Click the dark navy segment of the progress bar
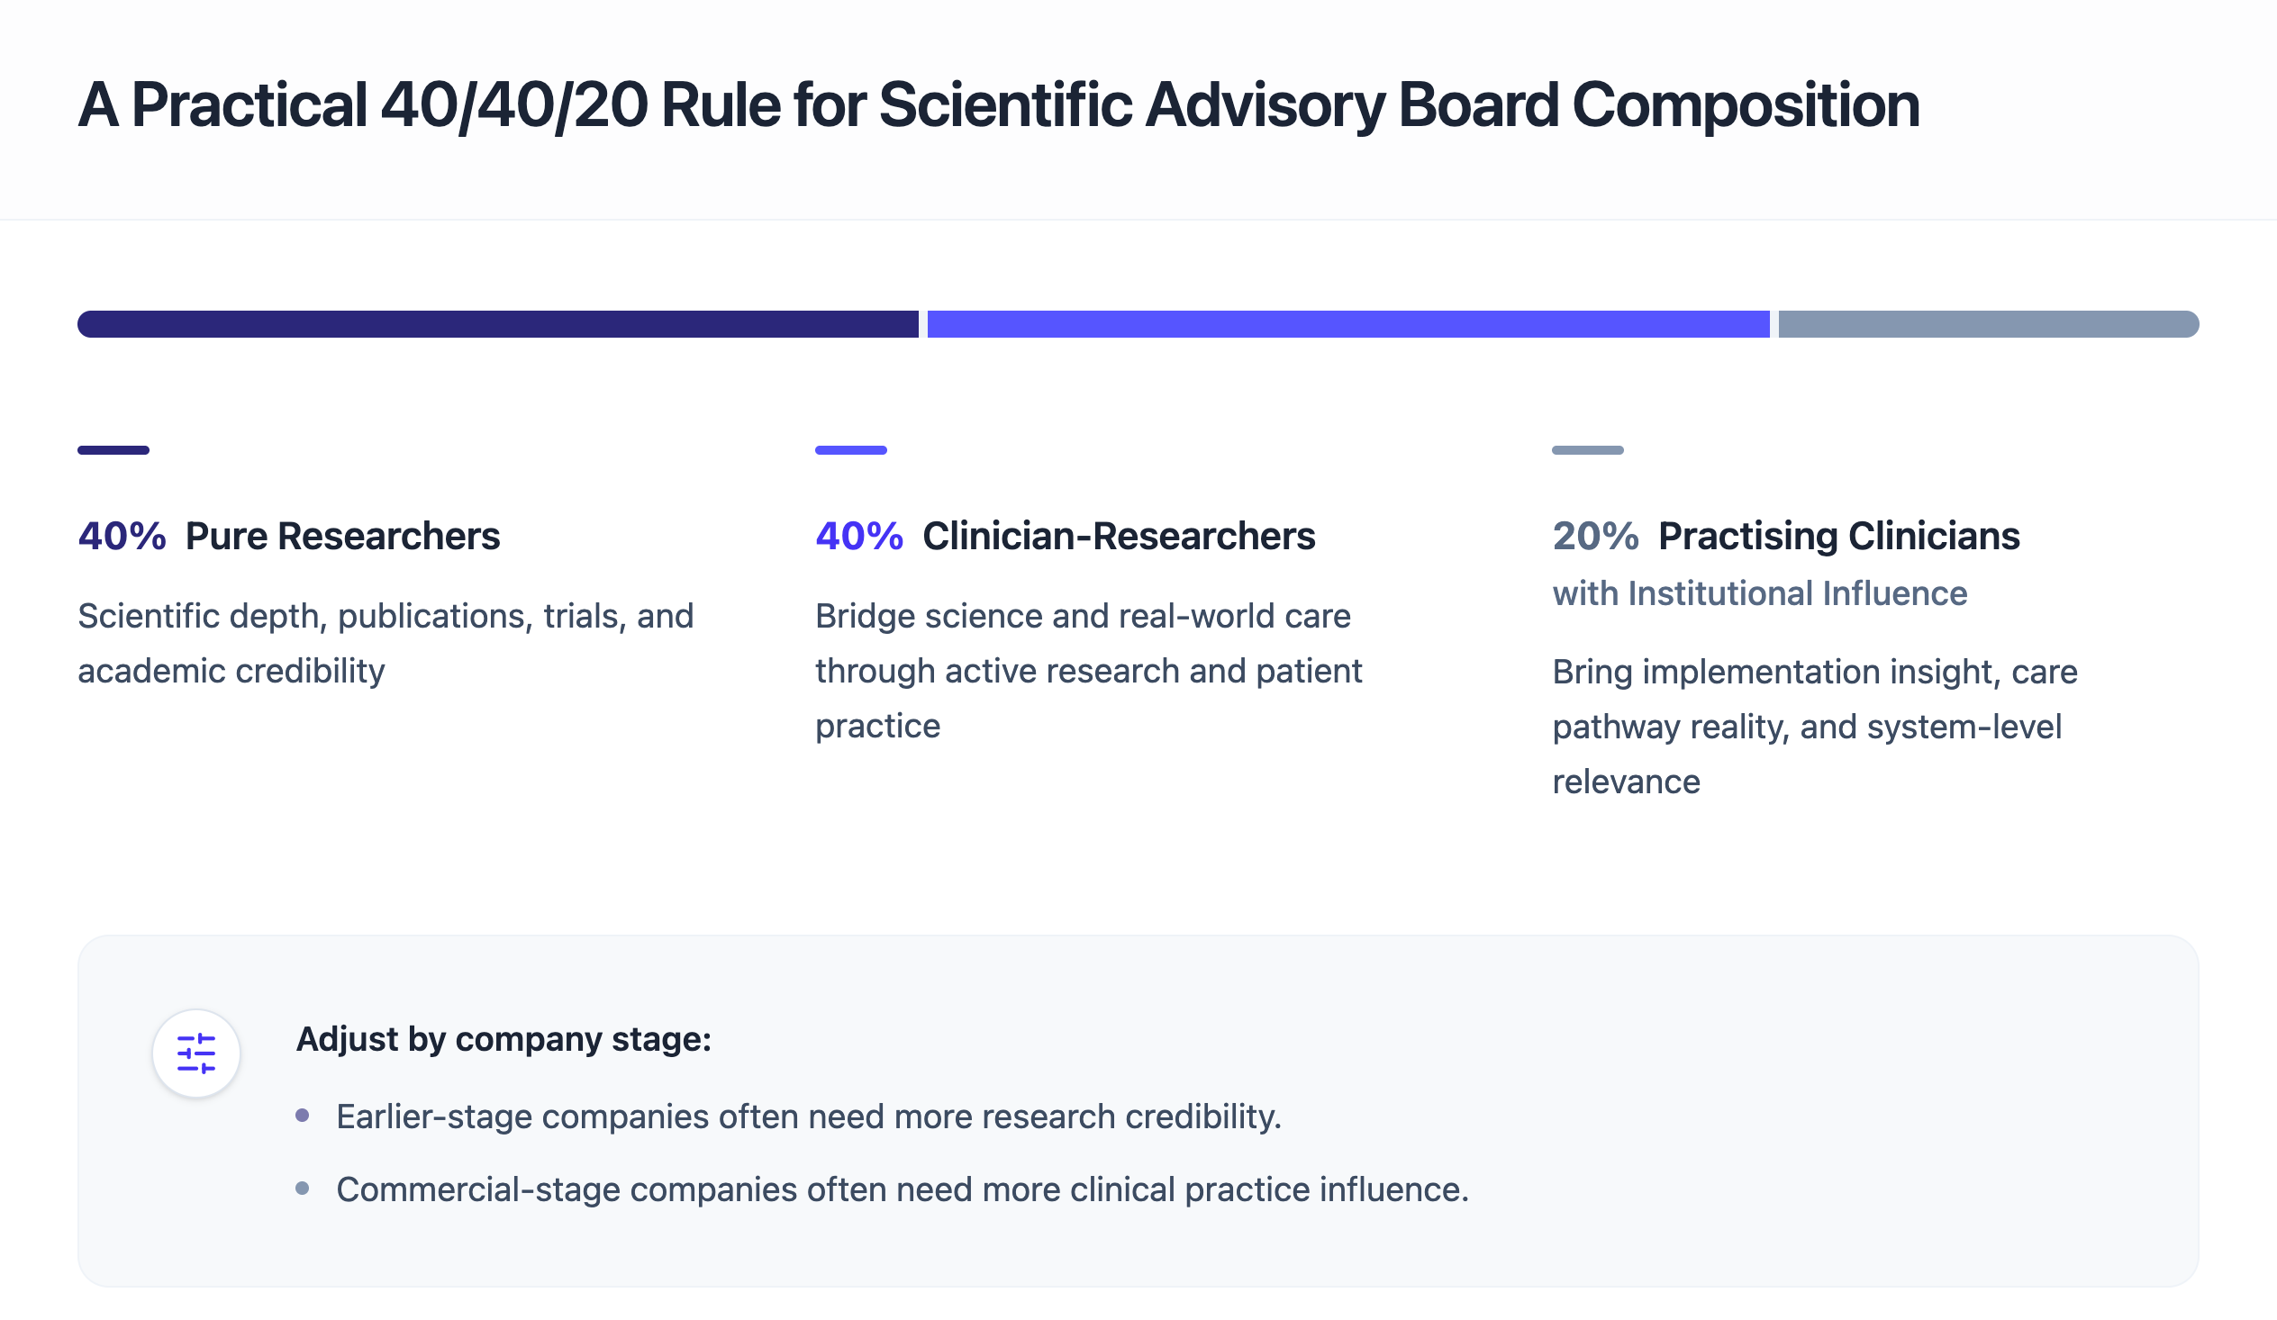coord(497,323)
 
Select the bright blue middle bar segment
coord(1347,323)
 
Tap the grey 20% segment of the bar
coord(1987,323)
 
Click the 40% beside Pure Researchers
coord(122,536)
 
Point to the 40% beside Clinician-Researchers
coord(858,536)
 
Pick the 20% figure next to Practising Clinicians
coord(1595,536)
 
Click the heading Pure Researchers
coord(342,536)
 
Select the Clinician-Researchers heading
coord(1118,536)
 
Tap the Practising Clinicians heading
coord(1837,536)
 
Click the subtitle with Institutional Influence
coord(1758,593)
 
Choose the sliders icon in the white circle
coord(196,1053)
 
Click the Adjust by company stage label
coord(503,1039)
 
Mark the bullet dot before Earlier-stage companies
coord(303,1116)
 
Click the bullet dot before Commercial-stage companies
coord(303,1189)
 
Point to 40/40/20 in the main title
coord(513,104)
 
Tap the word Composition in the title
coord(1745,104)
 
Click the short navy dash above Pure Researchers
coord(113,450)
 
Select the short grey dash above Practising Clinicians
coord(1587,450)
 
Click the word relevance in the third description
coord(1626,782)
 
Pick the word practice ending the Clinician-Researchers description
coord(877,726)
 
